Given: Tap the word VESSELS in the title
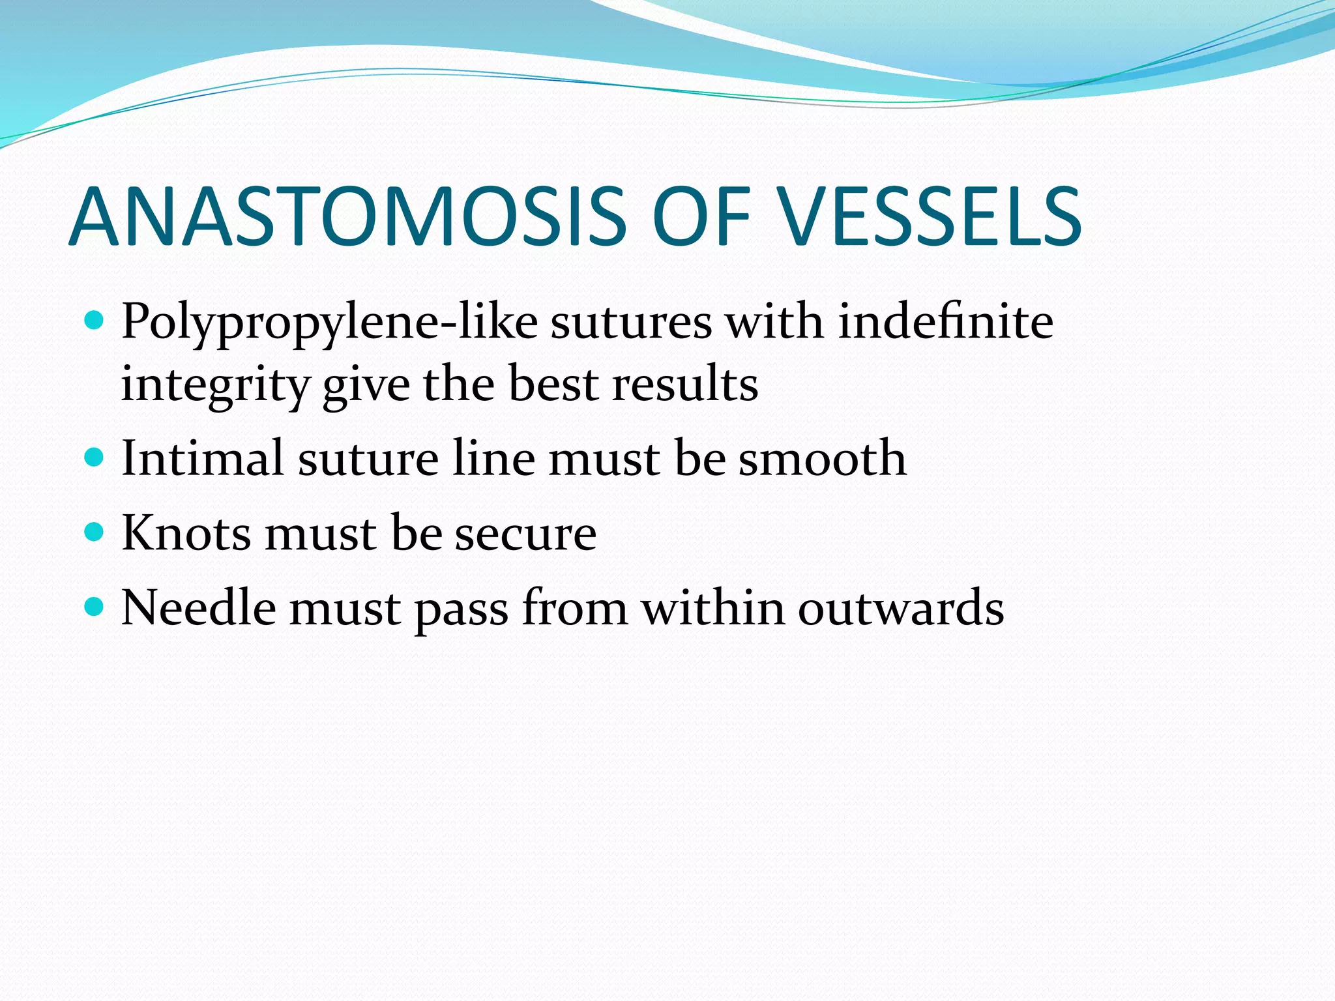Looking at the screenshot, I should click(x=930, y=217).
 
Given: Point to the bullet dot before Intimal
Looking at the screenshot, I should click(x=95, y=457).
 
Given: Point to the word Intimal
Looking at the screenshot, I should click(x=203, y=458).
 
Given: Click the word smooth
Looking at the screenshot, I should click(x=822, y=458).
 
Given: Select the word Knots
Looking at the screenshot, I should click(x=186, y=533).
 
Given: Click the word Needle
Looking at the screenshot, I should click(x=199, y=608).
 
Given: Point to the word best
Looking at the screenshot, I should click(x=553, y=384).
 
